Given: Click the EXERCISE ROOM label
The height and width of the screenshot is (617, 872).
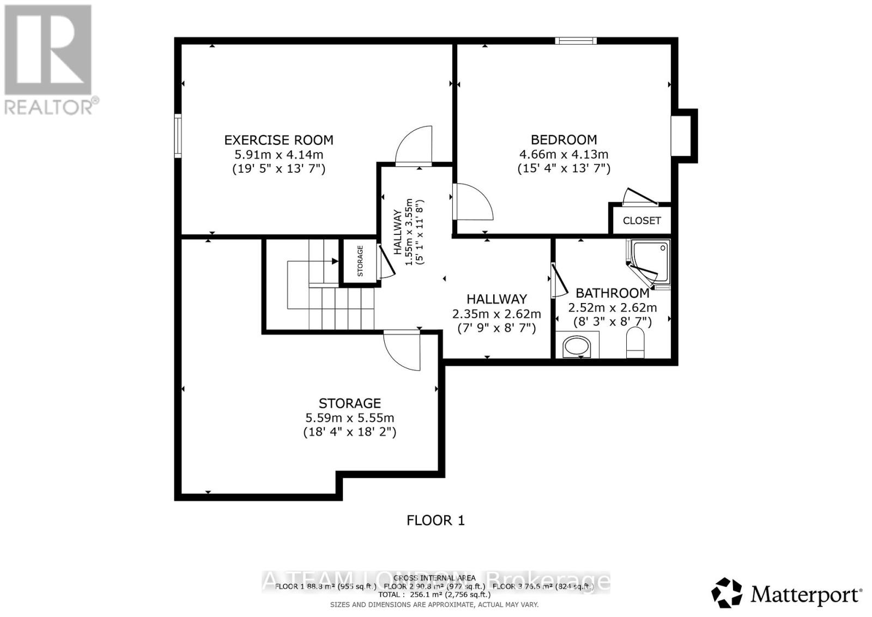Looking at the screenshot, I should pos(278,140).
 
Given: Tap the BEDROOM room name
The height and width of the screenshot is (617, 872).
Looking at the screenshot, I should pos(564,140).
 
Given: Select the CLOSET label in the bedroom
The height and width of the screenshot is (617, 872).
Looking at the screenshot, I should pos(641,221).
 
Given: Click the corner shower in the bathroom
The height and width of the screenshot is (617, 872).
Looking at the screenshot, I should pos(650,263).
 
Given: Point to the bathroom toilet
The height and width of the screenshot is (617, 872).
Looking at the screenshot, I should pos(635,343).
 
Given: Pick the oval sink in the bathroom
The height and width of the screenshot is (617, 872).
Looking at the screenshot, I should pos(577,346).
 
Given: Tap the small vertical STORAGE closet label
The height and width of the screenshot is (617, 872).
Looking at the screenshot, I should pos(360,261).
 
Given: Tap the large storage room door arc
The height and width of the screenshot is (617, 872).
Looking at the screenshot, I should pos(402,351).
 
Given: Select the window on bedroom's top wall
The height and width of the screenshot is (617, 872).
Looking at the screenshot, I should pos(576,41).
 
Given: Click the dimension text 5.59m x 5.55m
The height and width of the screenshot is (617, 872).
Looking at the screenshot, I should pos(349,418).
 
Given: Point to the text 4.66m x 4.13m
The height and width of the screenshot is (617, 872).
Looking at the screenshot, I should pos(564,154).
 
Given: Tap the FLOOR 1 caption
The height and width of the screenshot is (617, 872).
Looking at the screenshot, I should pos(435,521).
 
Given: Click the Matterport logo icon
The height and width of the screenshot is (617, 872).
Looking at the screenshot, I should pos(727,593).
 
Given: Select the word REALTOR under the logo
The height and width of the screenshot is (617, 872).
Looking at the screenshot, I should pos(49,107).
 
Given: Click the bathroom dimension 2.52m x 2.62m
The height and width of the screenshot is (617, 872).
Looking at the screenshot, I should pos(612,308).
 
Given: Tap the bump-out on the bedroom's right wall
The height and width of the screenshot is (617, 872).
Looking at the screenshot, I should pos(685,136).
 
